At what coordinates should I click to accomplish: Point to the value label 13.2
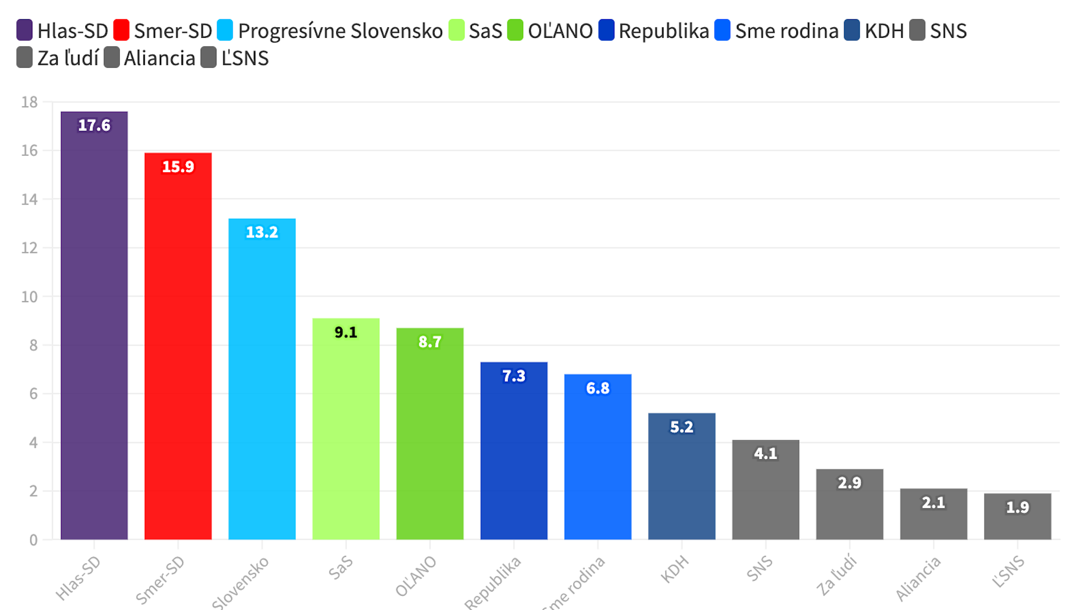pos(262,232)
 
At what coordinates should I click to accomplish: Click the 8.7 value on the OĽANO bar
pos(430,342)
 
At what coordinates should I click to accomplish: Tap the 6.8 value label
pos(598,388)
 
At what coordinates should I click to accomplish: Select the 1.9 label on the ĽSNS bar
pos(1018,507)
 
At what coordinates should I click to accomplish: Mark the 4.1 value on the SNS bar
pos(766,454)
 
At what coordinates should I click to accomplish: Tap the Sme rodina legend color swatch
pos(722,30)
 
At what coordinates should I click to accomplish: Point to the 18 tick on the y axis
pos(29,102)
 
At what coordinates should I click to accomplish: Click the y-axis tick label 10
pos(29,297)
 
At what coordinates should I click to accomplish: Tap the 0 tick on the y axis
pos(33,540)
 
